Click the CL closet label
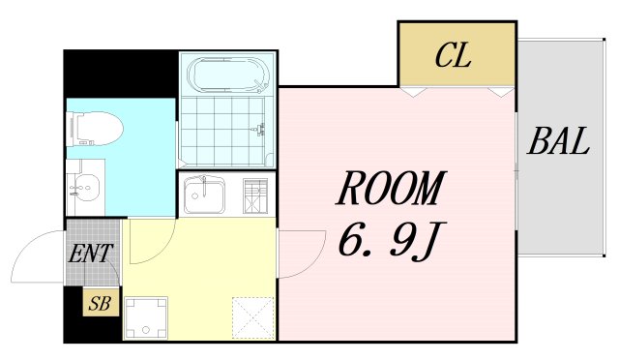pos(453,56)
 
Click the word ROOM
pos(391,189)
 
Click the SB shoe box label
pos(100,303)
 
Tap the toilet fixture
pos(94,128)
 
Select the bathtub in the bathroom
pos(228,75)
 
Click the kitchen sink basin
pos(205,197)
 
